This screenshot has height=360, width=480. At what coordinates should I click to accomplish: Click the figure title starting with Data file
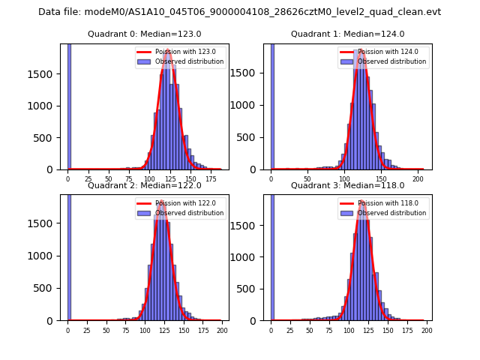(239, 12)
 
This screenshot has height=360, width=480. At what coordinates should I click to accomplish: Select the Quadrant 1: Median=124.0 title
(348, 34)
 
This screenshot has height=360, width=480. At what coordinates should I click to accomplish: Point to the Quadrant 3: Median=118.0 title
(348, 185)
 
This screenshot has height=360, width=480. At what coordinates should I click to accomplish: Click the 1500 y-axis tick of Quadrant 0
(43, 74)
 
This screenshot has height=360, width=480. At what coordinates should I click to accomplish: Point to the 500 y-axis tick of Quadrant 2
(46, 288)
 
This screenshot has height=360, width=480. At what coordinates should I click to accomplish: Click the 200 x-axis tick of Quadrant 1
(418, 180)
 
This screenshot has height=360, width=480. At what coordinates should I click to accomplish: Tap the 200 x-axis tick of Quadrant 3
(424, 331)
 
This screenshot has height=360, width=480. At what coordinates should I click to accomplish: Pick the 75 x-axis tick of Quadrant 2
(125, 331)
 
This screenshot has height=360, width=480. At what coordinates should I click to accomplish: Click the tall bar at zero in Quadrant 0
(69, 105)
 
